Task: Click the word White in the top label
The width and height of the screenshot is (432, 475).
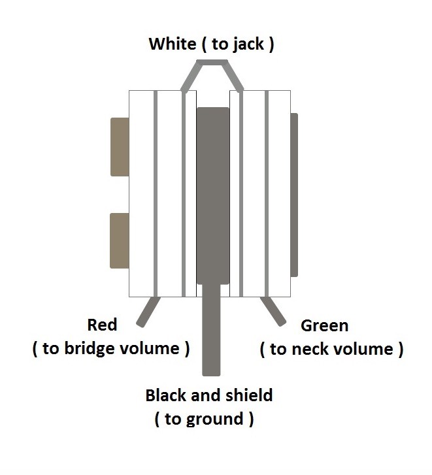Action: tap(173, 44)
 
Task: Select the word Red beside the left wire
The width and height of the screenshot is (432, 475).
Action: tap(102, 325)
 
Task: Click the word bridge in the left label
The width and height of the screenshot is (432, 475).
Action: tap(90, 348)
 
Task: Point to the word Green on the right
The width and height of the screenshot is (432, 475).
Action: tap(324, 326)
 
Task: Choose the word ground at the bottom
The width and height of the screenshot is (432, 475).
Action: tap(214, 419)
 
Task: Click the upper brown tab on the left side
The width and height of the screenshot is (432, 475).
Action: tap(120, 147)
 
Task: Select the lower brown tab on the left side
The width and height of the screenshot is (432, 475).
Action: tap(120, 241)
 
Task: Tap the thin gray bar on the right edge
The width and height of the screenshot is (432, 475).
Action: tap(294, 195)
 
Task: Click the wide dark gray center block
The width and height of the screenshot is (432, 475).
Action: tap(213, 196)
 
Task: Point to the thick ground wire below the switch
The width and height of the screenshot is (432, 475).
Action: tap(211, 330)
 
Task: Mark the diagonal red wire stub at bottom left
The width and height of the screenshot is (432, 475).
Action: tap(148, 312)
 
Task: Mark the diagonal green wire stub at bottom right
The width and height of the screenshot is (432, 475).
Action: tap(273, 312)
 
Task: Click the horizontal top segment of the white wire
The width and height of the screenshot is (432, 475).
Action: tap(212, 63)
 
